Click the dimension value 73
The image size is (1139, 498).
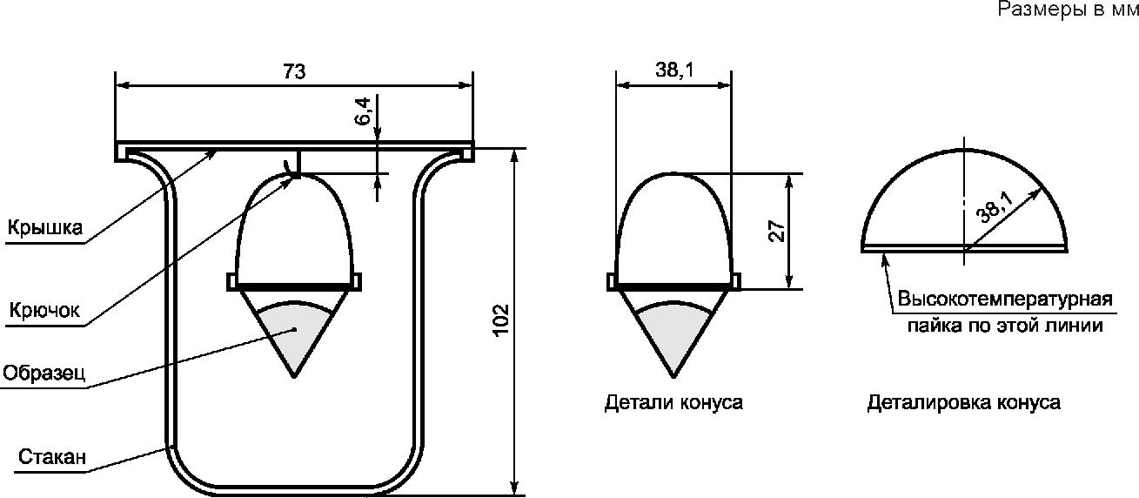pyautogui.click(x=294, y=71)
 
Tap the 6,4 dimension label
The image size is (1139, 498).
pyautogui.click(x=363, y=111)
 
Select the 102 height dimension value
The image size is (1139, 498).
pyautogui.click(x=501, y=320)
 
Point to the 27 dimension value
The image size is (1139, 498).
pyautogui.click(x=776, y=231)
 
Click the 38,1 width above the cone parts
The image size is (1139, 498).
pyautogui.click(x=674, y=70)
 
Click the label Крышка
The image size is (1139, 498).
pyautogui.click(x=44, y=228)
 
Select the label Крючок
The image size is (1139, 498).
pyautogui.click(x=44, y=310)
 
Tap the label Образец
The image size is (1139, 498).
pyautogui.click(x=44, y=373)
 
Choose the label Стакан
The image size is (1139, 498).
pyautogui.click(x=52, y=457)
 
